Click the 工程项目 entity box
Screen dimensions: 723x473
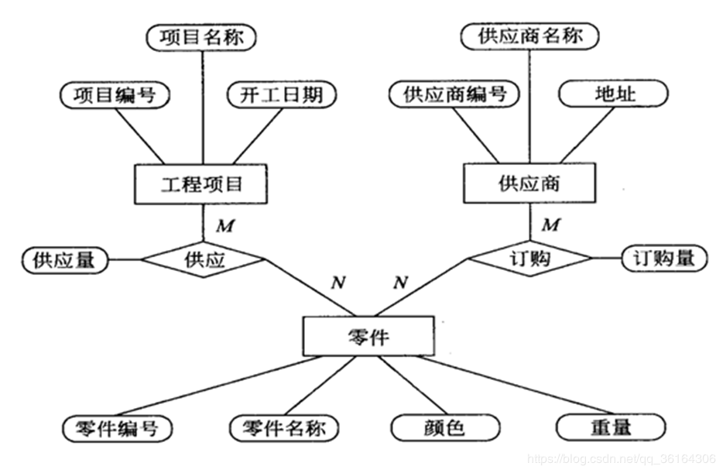[200, 184]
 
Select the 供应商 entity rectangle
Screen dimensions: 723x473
[529, 183]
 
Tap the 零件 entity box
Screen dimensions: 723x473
[368, 336]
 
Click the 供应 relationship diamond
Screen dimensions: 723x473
[204, 259]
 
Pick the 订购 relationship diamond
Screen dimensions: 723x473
[529, 258]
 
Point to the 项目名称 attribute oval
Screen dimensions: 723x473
[201, 37]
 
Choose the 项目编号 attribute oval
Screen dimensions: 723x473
[115, 95]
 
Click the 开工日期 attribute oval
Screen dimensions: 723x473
[282, 95]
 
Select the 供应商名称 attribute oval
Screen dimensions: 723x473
[529, 36]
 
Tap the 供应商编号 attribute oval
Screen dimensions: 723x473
[454, 94]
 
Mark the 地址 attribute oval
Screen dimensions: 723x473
[613, 94]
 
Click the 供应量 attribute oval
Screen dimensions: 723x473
[65, 260]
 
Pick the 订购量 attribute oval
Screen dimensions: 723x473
[664, 258]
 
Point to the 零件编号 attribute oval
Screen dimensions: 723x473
[118, 428]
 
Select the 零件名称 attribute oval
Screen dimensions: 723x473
[284, 428]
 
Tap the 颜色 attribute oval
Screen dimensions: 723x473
[445, 428]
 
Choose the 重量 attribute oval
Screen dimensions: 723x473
[611, 427]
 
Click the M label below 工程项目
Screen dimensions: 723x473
[225, 226]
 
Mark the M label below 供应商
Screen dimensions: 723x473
[551, 225]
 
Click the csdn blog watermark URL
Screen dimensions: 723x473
[622, 459]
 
